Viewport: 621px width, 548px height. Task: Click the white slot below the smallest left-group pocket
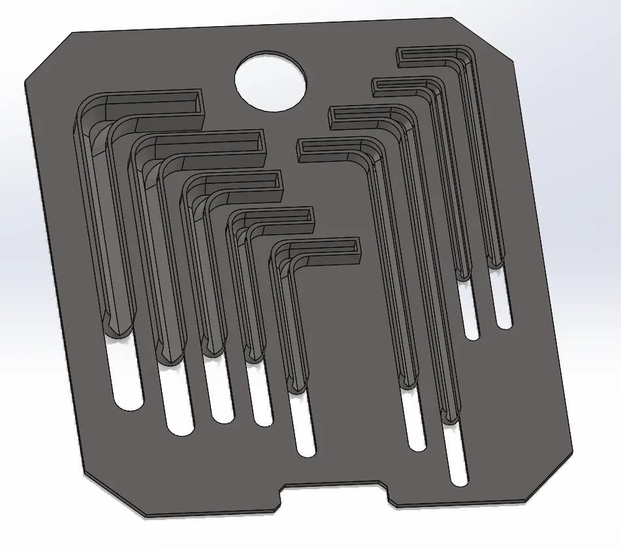(303, 424)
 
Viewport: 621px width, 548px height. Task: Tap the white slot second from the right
(470, 310)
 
